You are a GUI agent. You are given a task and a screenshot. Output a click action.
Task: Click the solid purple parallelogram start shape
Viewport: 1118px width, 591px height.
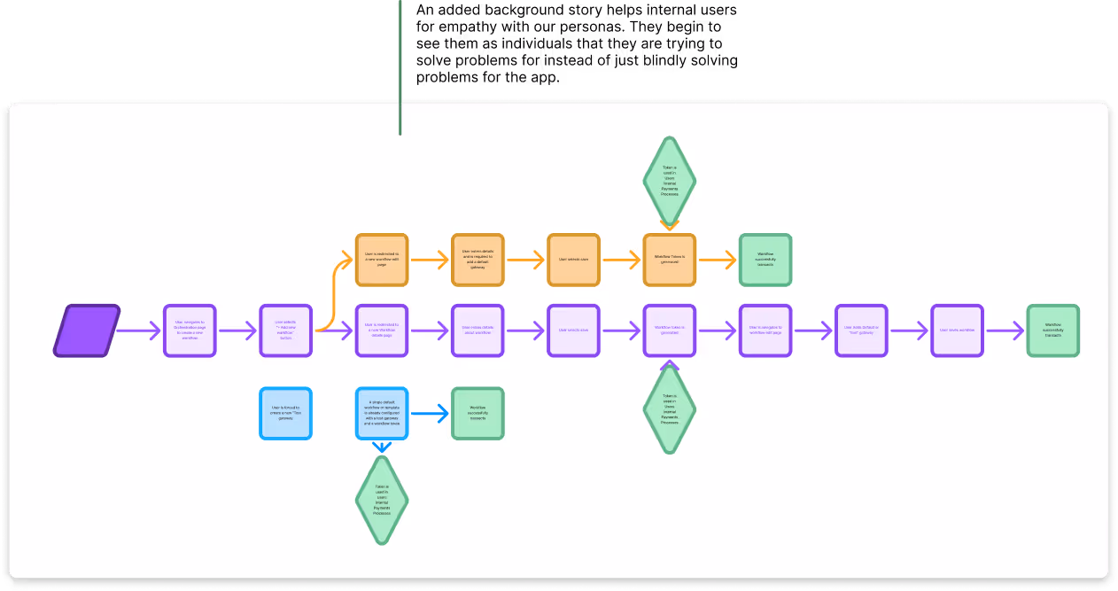86,330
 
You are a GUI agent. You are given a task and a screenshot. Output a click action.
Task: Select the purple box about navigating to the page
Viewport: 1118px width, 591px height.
190,330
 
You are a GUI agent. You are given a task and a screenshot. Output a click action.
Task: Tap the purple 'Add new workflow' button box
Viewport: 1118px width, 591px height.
285,330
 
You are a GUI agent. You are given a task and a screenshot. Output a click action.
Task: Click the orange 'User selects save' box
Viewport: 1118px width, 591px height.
573,260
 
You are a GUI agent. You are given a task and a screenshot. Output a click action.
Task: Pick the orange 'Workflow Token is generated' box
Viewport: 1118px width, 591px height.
670,260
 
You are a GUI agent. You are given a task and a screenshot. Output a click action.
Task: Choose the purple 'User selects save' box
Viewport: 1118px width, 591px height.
573,330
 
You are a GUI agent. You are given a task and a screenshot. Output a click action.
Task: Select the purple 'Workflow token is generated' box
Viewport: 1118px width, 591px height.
670,330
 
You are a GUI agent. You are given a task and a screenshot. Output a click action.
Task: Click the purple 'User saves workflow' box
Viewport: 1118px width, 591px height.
957,330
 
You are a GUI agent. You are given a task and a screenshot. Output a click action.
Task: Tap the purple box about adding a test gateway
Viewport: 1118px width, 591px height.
861,330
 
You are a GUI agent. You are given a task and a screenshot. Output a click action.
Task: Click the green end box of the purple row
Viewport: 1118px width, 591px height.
1053,330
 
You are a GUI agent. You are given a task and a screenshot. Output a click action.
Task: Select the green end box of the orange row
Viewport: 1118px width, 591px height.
765,260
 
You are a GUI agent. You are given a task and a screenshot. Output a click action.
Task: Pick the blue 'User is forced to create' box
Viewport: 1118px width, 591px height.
285,413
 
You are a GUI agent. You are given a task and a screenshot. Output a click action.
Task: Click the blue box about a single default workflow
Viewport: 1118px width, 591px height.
382,413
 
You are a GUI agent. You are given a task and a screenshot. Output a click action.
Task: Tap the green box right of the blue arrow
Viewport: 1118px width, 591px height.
477,413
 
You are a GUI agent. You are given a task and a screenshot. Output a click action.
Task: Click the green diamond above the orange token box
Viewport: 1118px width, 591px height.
670,181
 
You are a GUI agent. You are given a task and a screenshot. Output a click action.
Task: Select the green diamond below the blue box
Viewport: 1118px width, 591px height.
382,500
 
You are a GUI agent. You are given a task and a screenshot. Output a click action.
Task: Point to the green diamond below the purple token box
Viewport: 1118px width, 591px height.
670,409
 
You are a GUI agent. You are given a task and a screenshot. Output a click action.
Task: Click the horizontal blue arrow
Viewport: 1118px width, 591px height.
430,413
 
